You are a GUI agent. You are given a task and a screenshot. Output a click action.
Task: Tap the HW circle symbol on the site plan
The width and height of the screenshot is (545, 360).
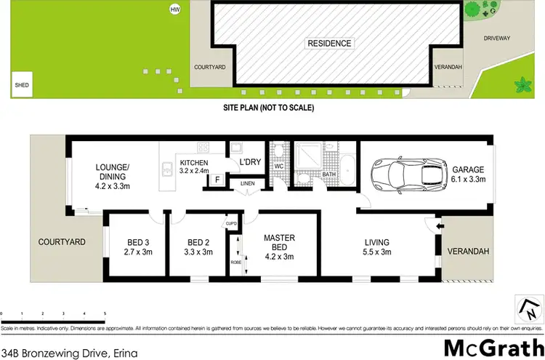pyautogui.click(x=174, y=9)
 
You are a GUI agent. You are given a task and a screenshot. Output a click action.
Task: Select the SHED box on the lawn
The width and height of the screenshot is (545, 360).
pyautogui.click(x=21, y=84)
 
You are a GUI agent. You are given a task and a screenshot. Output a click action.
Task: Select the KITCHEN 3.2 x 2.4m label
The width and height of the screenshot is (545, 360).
pyautogui.click(x=194, y=167)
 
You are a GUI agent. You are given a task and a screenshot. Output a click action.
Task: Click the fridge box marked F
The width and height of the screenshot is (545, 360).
pyautogui.click(x=216, y=180)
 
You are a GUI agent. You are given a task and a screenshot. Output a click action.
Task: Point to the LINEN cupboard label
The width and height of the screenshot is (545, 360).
pyautogui.click(x=248, y=183)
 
